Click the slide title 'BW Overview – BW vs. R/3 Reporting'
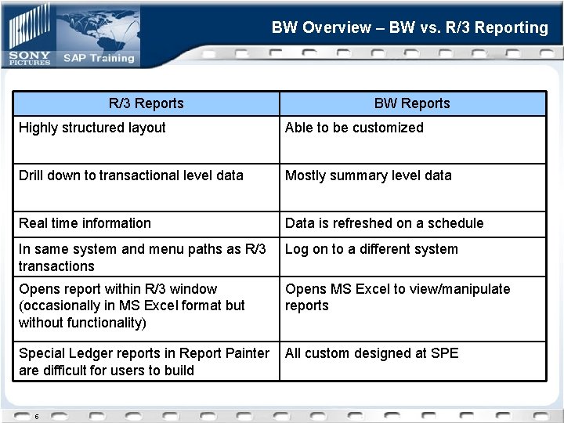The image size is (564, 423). point(410,27)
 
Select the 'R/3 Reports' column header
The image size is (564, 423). point(146,103)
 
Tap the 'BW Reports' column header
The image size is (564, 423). point(412,103)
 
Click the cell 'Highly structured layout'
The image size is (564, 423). point(92,128)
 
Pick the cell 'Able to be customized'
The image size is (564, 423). point(354,128)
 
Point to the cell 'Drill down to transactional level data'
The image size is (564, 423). point(131,175)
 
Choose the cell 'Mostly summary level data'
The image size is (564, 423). point(368,175)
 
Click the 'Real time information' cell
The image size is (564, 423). point(85,223)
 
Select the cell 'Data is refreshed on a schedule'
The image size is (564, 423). point(384,223)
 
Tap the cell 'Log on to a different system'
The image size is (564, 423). point(371,249)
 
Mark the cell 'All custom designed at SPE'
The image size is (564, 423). point(371,353)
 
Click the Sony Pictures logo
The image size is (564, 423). point(30,58)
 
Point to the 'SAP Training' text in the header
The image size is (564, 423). point(99,58)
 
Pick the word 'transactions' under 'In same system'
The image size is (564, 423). point(56,266)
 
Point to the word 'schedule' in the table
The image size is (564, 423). point(457,223)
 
